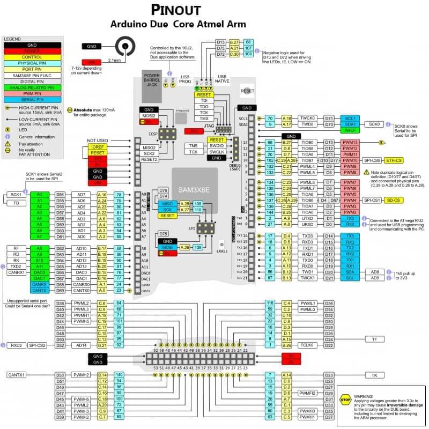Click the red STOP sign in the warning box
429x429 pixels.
coord(346,400)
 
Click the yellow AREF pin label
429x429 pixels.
coord(350,130)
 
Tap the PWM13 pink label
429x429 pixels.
coord(350,142)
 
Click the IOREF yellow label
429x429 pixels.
coord(98,146)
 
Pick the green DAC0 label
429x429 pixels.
coord(39,272)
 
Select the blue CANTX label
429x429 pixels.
coord(39,290)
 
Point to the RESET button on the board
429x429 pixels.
coord(247,91)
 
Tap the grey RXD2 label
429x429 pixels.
coord(15,345)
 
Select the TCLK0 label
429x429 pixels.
coord(306,345)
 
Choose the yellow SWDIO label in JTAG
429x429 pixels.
coord(217,146)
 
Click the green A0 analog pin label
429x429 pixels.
coord(39,194)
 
